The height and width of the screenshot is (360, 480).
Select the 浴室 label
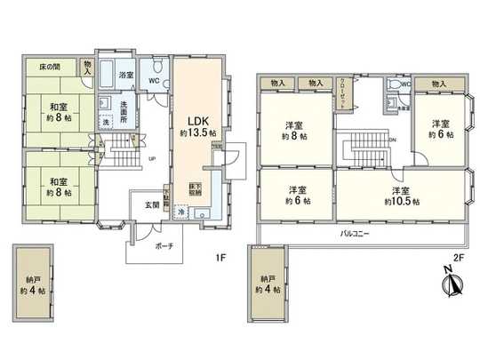[x=127, y=76]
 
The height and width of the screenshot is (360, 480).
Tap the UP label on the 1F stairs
[x=152, y=160]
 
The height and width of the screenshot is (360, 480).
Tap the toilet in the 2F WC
[x=393, y=87]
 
